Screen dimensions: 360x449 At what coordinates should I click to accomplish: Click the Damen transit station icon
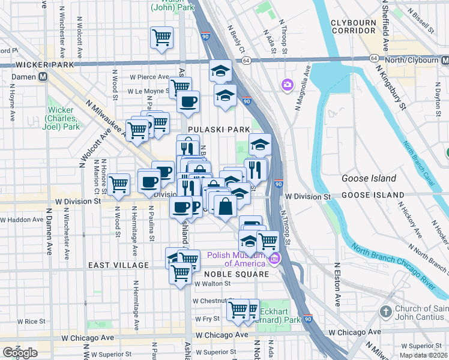pos(43,77)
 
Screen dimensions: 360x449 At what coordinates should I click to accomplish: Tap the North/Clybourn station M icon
pos(445,61)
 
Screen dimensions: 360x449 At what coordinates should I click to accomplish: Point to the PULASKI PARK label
pos(210,129)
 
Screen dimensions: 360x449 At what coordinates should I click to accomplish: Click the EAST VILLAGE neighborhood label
pos(118,265)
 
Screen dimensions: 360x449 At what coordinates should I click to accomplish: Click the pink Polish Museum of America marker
pos(275,259)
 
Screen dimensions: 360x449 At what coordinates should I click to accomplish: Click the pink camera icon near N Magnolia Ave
pos(286,85)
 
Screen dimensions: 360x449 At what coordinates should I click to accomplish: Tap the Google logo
pos(20,353)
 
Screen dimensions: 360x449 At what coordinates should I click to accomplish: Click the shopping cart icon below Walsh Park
pos(161,38)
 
